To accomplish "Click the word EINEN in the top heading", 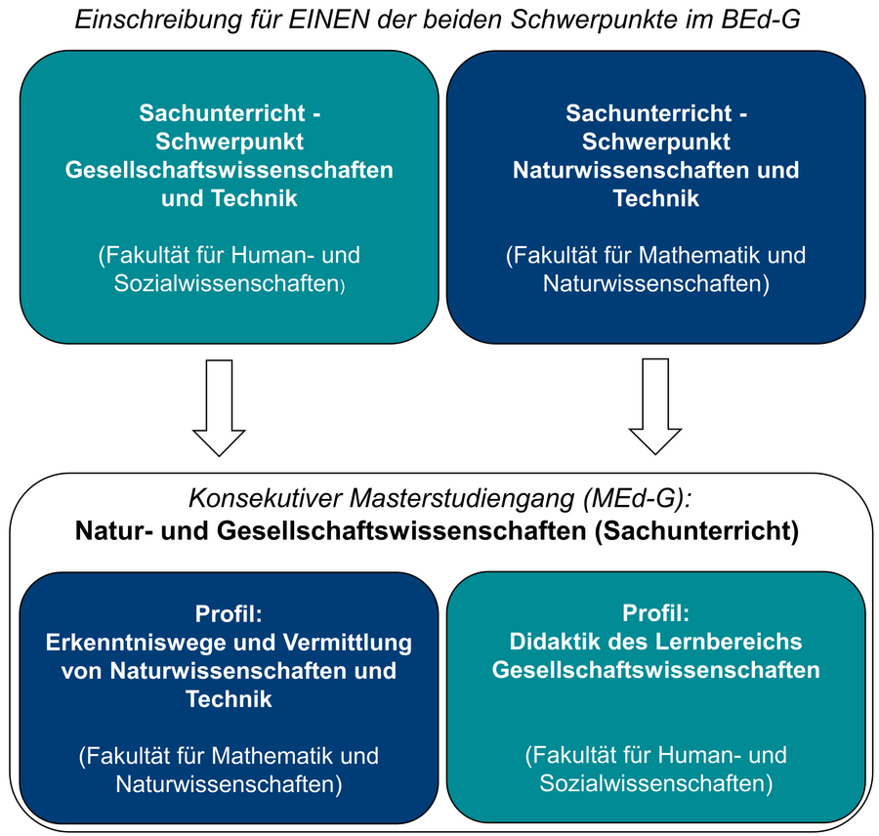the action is pyautogui.click(x=328, y=20).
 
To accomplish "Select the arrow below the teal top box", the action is pyautogui.click(x=219, y=407).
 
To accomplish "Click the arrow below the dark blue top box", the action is pyautogui.click(x=654, y=406).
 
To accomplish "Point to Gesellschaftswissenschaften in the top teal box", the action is pyautogui.click(x=230, y=170).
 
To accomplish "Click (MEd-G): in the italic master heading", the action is pyautogui.click(x=638, y=498).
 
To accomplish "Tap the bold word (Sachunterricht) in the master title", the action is pyautogui.click(x=696, y=530).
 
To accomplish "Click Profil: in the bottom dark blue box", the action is pyautogui.click(x=229, y=614).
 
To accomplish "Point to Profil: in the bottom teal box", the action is pyautogui.click(x=656, y=613).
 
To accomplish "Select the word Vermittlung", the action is pyautogui.click(x=348, y=643).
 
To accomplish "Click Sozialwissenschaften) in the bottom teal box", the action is pyautogui.click(x=656, y=783).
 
